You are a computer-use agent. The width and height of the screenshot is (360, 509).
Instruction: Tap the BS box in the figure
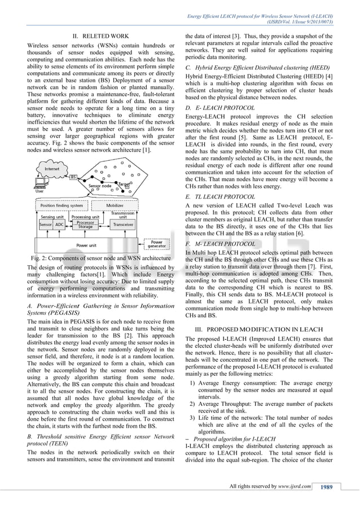(73, 178)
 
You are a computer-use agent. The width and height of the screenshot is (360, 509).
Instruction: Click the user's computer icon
(40, 184)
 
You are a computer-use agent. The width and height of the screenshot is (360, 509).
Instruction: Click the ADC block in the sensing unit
(60, 224)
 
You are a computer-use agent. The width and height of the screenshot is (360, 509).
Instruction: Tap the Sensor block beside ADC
(45, 224)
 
